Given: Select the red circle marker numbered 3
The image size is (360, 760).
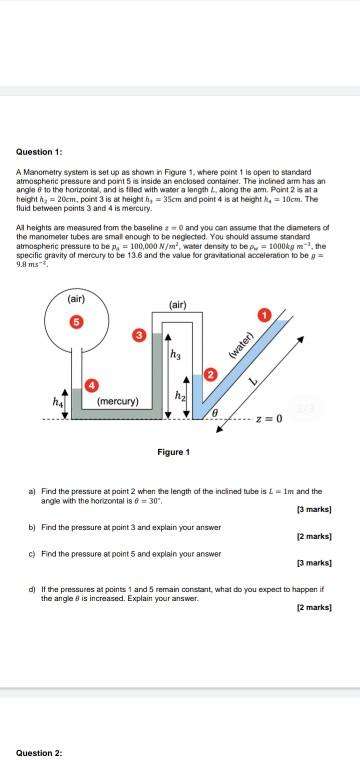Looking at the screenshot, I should pyautogui.click(x=139, y=332).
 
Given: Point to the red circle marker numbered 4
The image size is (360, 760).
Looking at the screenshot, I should pyautogui.click(x=92, y=385).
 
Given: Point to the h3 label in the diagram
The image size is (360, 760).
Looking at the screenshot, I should pyautogui.click(x=176, y=353).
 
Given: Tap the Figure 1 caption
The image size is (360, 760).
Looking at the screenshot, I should pyautogui.click(x=172, y=452).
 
